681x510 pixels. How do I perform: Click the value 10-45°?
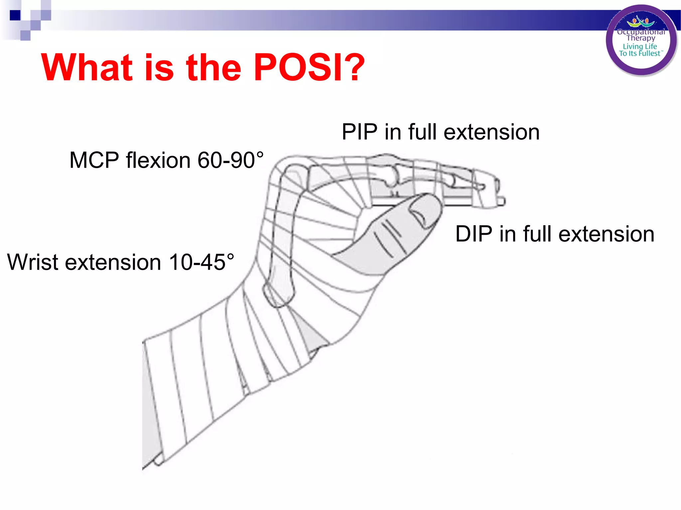pyautogui.click(x=201, y=262)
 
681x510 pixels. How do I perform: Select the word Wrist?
pyautogui.click(x=33, y=262)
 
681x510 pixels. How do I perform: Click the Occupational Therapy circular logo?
pyautogui.click(x=641, y=40)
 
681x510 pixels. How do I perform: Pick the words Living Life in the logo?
pyautogui.click(x=640, y=46)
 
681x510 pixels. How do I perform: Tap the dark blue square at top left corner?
pyautogui.click(x=15, y=15)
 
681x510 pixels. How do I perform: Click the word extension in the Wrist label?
pyautogui.click(x=113, y=262)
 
